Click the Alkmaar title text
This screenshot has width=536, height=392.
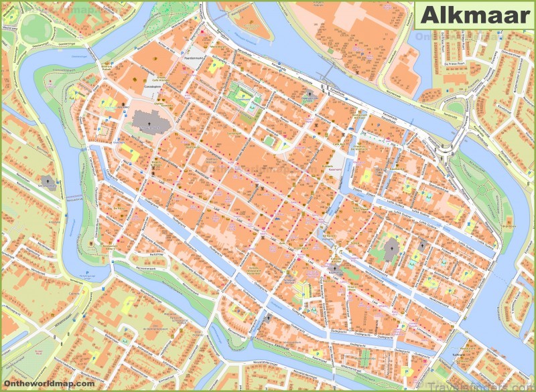[474, 15]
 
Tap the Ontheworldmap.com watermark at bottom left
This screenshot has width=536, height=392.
[48, 383]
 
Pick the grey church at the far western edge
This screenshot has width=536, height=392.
[48, 182]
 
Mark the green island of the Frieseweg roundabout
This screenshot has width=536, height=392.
[446, 153]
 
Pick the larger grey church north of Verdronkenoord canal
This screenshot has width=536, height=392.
[393, 252]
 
